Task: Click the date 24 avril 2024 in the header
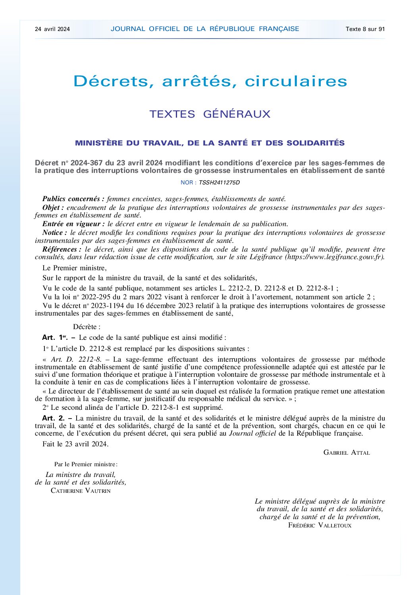pos(52,29)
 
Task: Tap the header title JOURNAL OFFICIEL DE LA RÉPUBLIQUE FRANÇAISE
pos(205,29)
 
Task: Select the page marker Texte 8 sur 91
pos(365,29)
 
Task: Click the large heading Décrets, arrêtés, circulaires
pos(210,81)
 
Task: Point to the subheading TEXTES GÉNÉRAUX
pos(210,114)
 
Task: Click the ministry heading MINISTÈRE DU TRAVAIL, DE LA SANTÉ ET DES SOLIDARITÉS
pos(210,143)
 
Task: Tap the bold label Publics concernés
pos(73,199)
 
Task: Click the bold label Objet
pos(53,207)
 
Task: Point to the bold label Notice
pos(54,233)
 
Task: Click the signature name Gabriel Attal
pos(347,452)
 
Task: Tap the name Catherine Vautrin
pos(81,490)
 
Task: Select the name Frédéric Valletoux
pos(320,525)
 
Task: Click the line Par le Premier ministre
pos(86,464)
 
